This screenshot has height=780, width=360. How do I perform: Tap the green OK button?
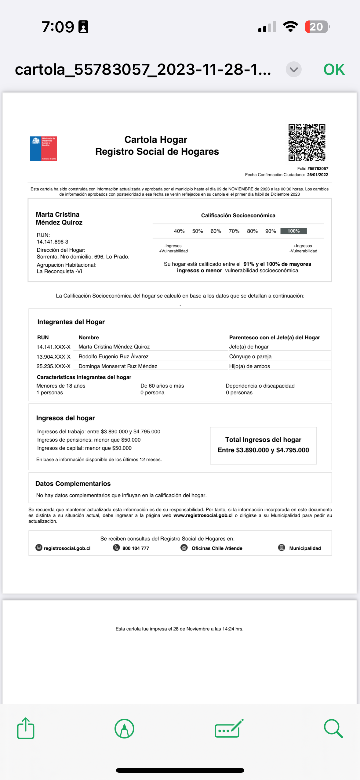click(334, 70)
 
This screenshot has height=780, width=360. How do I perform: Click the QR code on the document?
click(307, 142)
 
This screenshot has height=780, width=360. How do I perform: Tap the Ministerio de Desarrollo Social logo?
click(44, 149)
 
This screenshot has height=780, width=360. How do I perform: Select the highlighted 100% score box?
click(293, 231)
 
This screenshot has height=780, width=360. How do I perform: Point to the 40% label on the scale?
click(179, 231)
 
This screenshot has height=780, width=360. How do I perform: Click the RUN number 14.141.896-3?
click(53, 242)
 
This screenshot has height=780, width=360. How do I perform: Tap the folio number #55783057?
click(318, 168)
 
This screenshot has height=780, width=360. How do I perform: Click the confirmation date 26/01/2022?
click(318, 175)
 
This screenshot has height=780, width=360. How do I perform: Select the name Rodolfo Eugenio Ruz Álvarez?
click(114, 356)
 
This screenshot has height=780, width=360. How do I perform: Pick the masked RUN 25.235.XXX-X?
click(54, 366)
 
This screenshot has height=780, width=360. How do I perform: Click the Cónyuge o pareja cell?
click(250, 356)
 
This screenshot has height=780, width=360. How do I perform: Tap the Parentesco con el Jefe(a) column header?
click(275, 338)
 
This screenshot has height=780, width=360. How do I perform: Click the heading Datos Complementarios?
click(73, 484)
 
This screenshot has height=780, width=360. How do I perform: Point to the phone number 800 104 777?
click(136, 548)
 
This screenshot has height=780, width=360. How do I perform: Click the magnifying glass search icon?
click(333, 728)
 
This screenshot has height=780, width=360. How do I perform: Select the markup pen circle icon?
click(124, 728)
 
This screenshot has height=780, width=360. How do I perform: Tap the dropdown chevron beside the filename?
click(293, 70)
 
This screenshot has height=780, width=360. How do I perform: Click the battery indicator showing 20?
click(317, 27)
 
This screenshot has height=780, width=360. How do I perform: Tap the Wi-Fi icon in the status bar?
click(290, 27)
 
